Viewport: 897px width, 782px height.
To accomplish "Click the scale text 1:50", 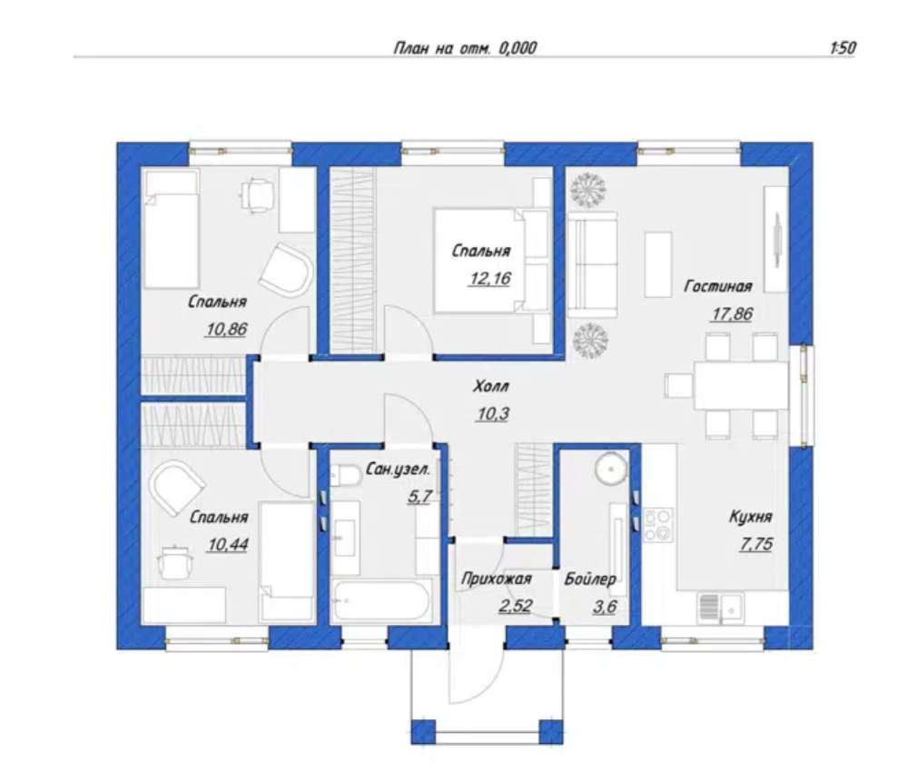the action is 843,47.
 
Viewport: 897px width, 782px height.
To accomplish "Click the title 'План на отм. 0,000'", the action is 465,48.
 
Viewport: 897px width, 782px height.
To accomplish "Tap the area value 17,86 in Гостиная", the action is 733,313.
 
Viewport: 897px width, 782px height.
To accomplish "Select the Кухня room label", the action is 750,517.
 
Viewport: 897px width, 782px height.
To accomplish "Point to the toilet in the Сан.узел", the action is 344,475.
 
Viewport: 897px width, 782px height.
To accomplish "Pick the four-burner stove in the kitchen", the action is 658,524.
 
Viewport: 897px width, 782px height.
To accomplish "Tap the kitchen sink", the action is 720,609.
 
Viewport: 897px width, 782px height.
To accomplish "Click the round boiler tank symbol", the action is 612,469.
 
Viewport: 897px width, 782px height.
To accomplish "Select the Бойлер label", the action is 590,579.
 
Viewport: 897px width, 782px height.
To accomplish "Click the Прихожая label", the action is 496,579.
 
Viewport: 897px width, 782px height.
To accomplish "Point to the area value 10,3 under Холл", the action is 492,413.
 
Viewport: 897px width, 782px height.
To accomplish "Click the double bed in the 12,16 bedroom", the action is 491,261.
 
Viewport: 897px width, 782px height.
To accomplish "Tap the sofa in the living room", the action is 592,264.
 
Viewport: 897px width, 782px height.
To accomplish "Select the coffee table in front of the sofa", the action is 658,264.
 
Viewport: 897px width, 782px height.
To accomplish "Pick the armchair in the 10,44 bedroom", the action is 175,487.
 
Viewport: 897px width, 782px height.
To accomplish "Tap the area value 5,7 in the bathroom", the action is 419,496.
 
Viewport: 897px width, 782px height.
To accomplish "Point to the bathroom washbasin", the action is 345,538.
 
